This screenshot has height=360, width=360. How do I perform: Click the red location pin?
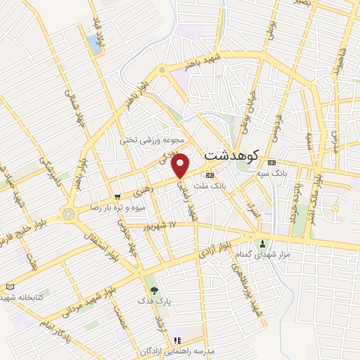tap(181, 166)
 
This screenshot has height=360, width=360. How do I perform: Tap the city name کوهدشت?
tap(231, 154)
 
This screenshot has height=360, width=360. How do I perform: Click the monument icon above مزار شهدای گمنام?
tap(264, 243)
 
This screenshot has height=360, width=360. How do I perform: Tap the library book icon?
tap(9, 286)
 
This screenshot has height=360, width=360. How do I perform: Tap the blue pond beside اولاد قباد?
tap(95, 44)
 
